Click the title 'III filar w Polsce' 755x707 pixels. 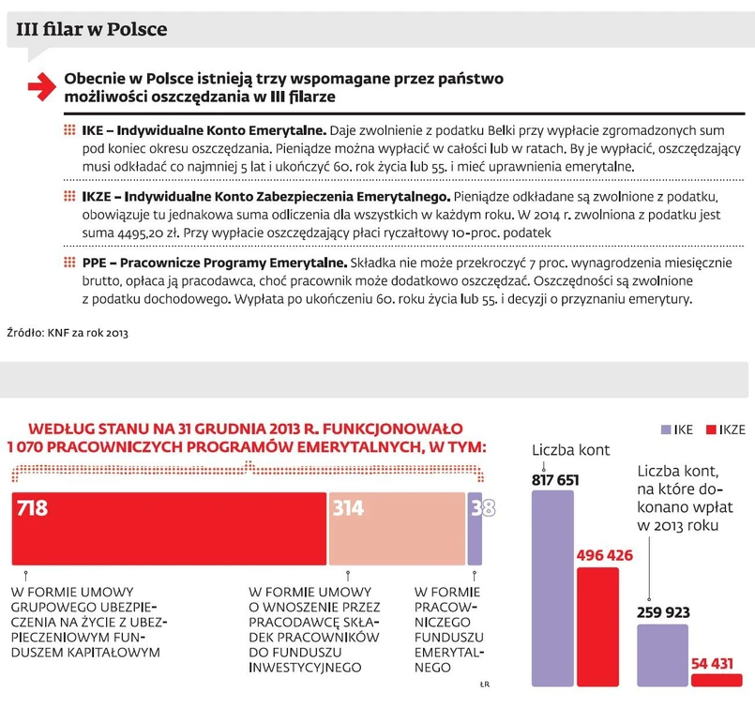pyautogui.click(x=92, y=29)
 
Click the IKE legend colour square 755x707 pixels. pyautogui.click(x=665, y=430)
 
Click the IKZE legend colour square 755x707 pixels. pyautogui.click(x=710, y=430)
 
